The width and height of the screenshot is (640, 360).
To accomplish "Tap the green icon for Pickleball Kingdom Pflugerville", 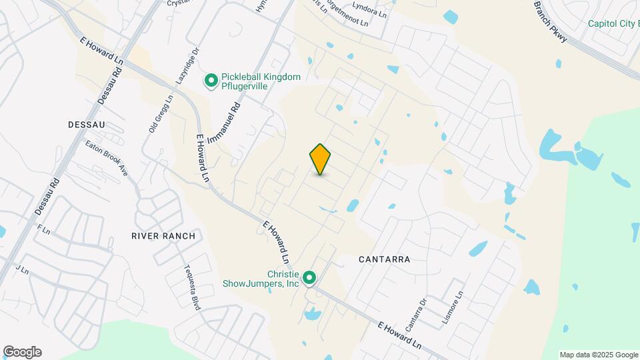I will [x=211, y=81].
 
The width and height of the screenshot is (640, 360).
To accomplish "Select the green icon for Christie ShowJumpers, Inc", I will [x=309, y=277].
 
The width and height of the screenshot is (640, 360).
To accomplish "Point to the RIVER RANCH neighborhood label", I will [x=163, y=236].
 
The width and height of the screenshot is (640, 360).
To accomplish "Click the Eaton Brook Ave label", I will [x=105, y=157].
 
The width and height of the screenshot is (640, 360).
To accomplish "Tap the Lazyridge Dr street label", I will [x=187, y=65].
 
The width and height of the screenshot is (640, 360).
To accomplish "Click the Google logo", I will [x=22, y=352].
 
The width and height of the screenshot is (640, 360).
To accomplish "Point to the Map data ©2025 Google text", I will [x=599, y=355].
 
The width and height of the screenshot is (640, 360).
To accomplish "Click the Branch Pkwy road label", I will [x=551, y=22].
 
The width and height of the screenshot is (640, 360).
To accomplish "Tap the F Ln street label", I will [x=45, y=229].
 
